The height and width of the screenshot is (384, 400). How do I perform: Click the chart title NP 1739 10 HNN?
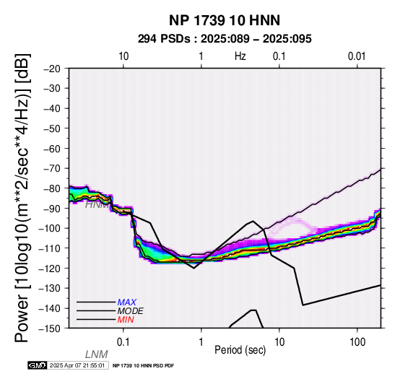click(225, 20)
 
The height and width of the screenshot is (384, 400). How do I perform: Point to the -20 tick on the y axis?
click(52, 69)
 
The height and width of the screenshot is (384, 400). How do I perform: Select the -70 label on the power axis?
click(52, 169)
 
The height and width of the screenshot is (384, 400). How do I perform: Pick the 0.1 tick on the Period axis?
click(123, 342)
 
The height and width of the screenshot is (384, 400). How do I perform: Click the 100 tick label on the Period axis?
click(357, 342)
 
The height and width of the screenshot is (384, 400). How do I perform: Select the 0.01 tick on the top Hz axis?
click(357, 56)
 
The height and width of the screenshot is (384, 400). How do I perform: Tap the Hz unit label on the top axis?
click(240, 56)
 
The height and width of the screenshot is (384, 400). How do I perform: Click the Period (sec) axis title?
click(240, 350)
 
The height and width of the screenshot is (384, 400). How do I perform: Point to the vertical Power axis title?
click(22, 198)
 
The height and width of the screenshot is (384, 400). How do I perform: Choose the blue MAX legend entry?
click(127, 302)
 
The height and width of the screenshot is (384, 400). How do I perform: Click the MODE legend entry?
click(131, 311)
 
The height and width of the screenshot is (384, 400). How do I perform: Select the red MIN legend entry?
click(126, 320)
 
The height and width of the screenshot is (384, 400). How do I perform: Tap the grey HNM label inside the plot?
click(97, 205)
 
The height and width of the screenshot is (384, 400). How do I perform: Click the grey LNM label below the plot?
click(97, 354)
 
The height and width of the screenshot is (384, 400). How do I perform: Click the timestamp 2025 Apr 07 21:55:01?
click(77, 366)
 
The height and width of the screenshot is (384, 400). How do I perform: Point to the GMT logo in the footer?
click(38, 366)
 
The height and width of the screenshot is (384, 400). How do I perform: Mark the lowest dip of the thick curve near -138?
click(303, 305)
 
